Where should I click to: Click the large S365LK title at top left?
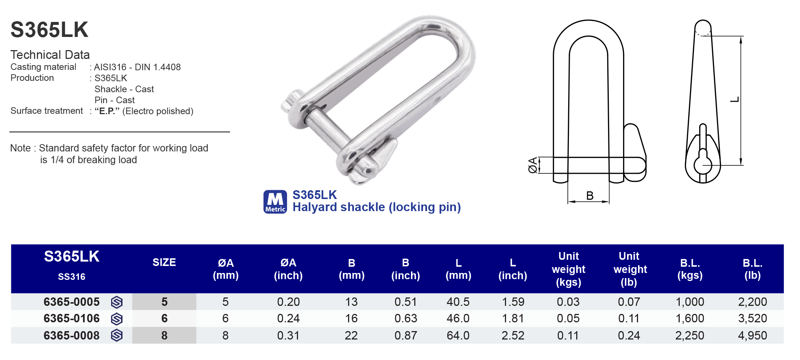[49, 30]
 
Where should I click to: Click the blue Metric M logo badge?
[275, 202]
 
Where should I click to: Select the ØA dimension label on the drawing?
[533, 165]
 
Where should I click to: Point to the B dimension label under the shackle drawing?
[589, 196]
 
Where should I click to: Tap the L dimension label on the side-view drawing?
[735, 100]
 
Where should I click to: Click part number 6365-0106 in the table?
[71, 318]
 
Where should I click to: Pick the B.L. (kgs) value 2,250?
[689, 335]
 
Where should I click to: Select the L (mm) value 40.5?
[458, 302]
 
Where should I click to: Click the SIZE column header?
[164, 262]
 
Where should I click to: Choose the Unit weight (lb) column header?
[630, 269]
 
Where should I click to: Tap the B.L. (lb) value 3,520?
[752, 318]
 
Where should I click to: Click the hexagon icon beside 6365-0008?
[117, 335]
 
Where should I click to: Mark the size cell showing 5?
[164, 302]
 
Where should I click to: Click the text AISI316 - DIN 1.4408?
[137, 67]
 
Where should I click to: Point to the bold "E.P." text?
[107, 111]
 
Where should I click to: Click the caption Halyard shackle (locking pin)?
[376, 207]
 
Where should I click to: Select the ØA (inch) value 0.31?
[288, 335]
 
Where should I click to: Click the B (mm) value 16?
[351, 318]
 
